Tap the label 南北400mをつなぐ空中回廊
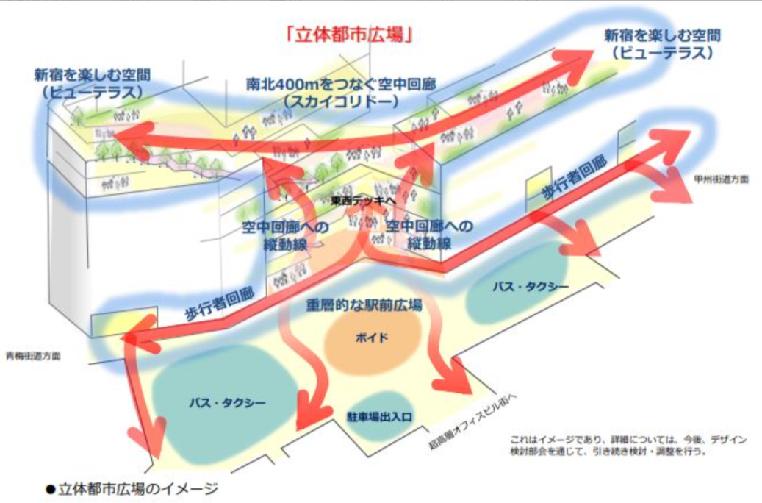(341, 84)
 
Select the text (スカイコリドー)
(341, 101)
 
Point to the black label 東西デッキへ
(364, 200)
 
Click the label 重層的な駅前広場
(364, 305)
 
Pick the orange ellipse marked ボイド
(373, 338)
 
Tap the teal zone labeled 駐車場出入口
(379, 416)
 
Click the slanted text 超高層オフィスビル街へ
(472, 421)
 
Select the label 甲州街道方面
(721, 179)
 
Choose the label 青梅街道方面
(34, 356)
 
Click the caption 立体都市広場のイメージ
(138, 488)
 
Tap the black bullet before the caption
(51, 489)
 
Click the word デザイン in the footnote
(728, 440)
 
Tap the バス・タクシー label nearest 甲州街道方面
(531, 287)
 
